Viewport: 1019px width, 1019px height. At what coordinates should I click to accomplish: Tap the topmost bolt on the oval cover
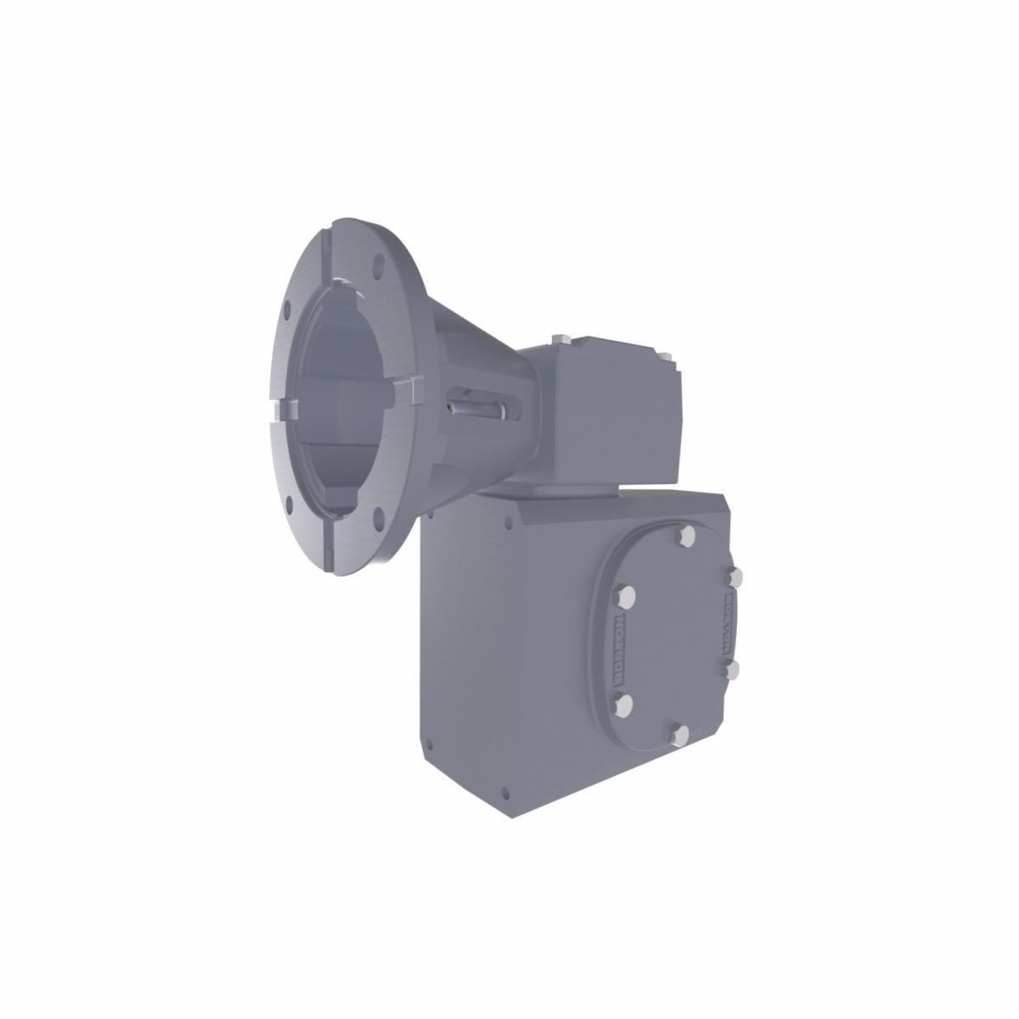[687, 536]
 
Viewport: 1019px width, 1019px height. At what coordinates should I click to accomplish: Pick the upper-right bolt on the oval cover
[735, 578]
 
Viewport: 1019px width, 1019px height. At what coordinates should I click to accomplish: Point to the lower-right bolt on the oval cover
[734, 670]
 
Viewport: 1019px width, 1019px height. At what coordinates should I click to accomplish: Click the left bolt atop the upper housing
[559, 341]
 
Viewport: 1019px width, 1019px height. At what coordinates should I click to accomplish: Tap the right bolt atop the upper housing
[667, 356]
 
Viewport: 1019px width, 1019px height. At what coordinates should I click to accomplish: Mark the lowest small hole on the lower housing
[506, 794]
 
